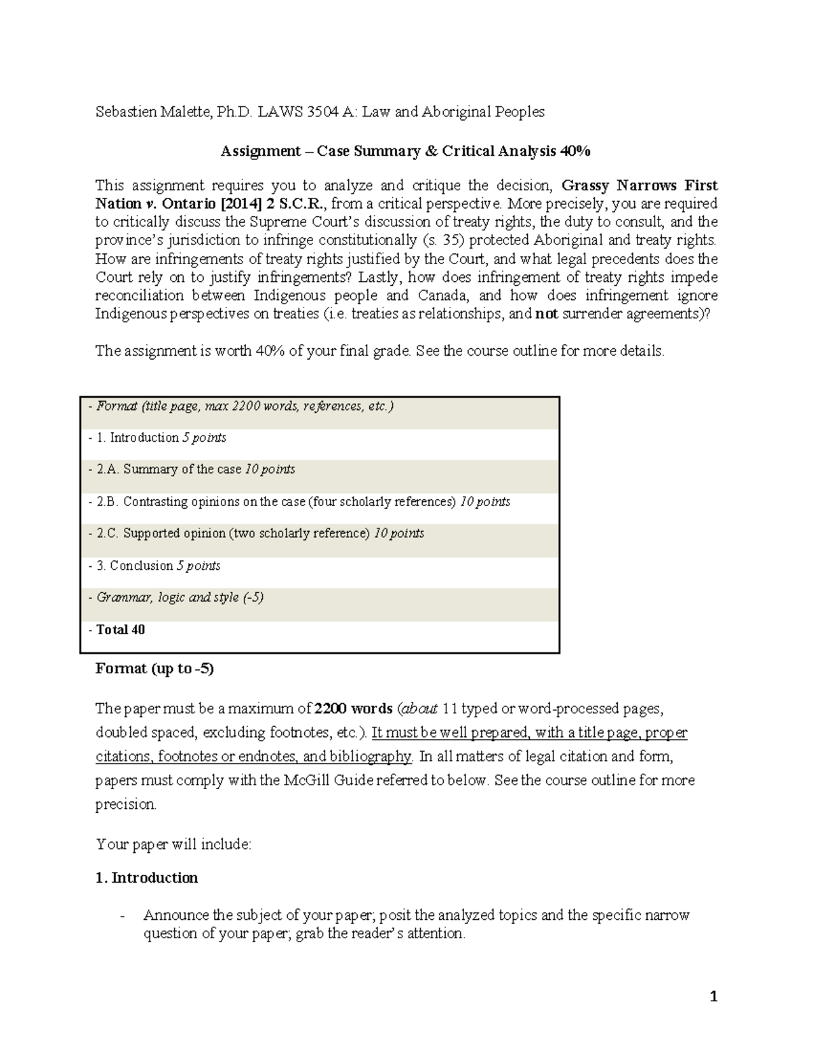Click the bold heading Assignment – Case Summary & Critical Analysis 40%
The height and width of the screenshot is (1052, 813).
coord(405,151)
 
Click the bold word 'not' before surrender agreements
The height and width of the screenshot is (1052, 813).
coord(546,314)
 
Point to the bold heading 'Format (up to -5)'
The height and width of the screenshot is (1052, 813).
coord(154,669)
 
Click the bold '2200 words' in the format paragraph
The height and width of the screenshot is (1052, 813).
coord(354,709)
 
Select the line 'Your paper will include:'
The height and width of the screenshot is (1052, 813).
coord(173,845)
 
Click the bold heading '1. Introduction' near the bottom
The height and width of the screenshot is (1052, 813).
coord(147,879)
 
